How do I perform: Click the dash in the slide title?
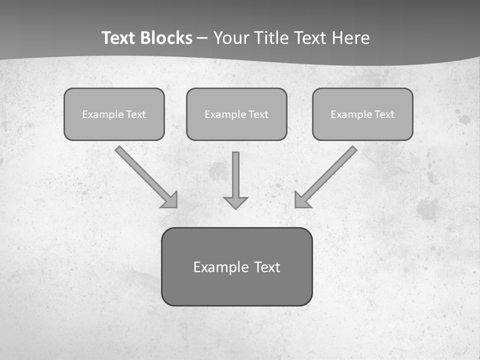point(203,38)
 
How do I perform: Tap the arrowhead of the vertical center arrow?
point(235,203)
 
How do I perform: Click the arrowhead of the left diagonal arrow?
point(170,200)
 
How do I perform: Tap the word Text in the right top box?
point(384,114)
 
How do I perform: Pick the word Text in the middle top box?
point(258,114)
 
